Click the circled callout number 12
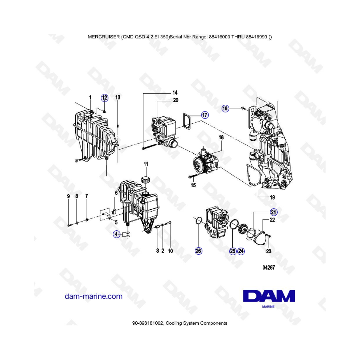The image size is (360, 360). tap(104, 98)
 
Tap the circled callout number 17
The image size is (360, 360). tap(205, 115)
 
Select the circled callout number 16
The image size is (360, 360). tap(225, 108)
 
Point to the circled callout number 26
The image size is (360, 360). tap(198, 251)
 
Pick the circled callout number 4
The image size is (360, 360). tap(117, 234)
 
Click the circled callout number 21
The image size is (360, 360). tap(274, 212)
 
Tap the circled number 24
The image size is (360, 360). tap(241, 251)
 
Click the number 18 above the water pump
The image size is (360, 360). tap(221, 137)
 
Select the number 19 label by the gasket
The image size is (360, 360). tap(272, 197)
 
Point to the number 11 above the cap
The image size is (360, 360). tap(146, 164)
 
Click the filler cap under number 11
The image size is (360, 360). tap(145, 180)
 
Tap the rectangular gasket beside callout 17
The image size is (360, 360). tap(187, 121)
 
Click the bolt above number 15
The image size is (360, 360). tap(192, 176)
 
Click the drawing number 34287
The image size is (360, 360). tap(269, 268)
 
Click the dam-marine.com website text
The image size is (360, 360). tap(94, 296)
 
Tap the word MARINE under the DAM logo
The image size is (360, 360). tap(268, 306)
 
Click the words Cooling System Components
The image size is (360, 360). tap(196, 323)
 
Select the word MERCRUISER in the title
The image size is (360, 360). tap(104, 37)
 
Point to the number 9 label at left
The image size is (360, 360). tap(68, 196)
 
